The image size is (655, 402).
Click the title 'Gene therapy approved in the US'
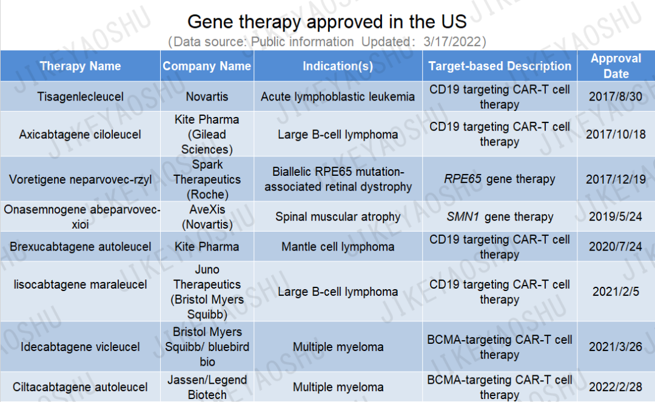(327, 22)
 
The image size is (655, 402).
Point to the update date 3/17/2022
(452, 42)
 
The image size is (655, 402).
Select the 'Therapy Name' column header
(80, 66)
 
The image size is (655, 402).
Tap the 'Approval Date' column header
(616, 66)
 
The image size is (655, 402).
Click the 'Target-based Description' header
(500, 66)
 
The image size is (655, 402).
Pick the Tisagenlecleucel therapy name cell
(80, 96)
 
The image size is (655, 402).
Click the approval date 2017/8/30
(616, 96)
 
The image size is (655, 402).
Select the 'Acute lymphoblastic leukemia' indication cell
(338, 96)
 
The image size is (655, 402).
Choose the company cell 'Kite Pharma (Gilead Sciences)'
(207, 135)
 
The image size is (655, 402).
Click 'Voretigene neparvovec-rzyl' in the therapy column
(80, 179)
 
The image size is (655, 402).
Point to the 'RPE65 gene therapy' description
(500, 179)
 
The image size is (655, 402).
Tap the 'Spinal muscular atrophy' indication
(338, 216)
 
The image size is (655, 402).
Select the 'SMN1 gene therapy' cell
(500, 216)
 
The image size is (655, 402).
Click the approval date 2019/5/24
(616, 216)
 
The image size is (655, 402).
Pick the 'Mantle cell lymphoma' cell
(338, 247)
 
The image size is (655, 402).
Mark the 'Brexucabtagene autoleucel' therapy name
(80, 247)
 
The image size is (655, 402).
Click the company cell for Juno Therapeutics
(207, 292)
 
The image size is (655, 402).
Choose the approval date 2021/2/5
(616, 292)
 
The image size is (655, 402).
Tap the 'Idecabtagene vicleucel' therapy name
(80, 347)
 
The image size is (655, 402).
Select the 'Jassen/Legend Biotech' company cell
(207, 387)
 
